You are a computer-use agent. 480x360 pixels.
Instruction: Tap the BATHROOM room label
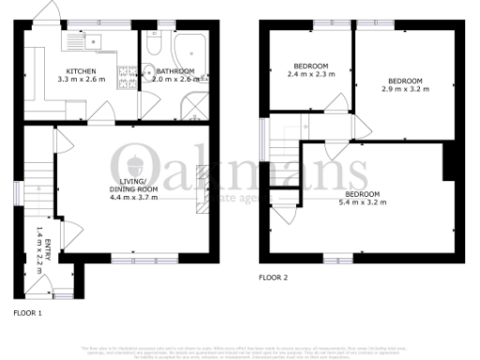point(175,70)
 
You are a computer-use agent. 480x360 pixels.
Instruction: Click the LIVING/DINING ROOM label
point(129,185)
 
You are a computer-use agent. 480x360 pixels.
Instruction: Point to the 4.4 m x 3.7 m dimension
point(130,198)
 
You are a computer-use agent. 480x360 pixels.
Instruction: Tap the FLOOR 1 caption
point(28,310)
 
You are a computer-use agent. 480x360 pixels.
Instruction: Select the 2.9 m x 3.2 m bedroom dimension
point(405,89)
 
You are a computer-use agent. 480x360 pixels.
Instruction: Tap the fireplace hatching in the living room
point(200,188)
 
